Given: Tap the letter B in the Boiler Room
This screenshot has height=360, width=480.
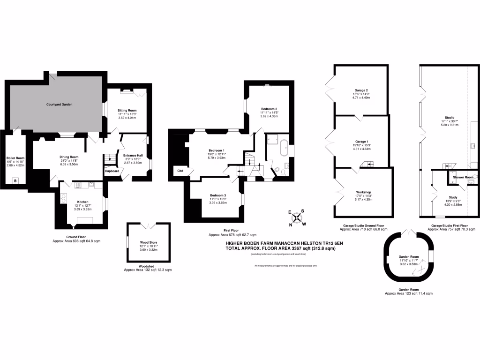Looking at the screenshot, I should coord(15,180).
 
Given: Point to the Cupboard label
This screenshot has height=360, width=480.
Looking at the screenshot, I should coord(112,171).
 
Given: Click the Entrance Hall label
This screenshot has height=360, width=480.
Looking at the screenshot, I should coord(133,155).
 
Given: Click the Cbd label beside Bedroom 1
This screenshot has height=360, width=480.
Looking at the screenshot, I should coord(180,171).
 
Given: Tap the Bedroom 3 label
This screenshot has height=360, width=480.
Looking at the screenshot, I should coord(218,195).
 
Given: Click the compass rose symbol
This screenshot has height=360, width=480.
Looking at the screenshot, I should coord(297,217).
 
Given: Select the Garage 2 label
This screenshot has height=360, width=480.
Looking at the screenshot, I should coord(360,90).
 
